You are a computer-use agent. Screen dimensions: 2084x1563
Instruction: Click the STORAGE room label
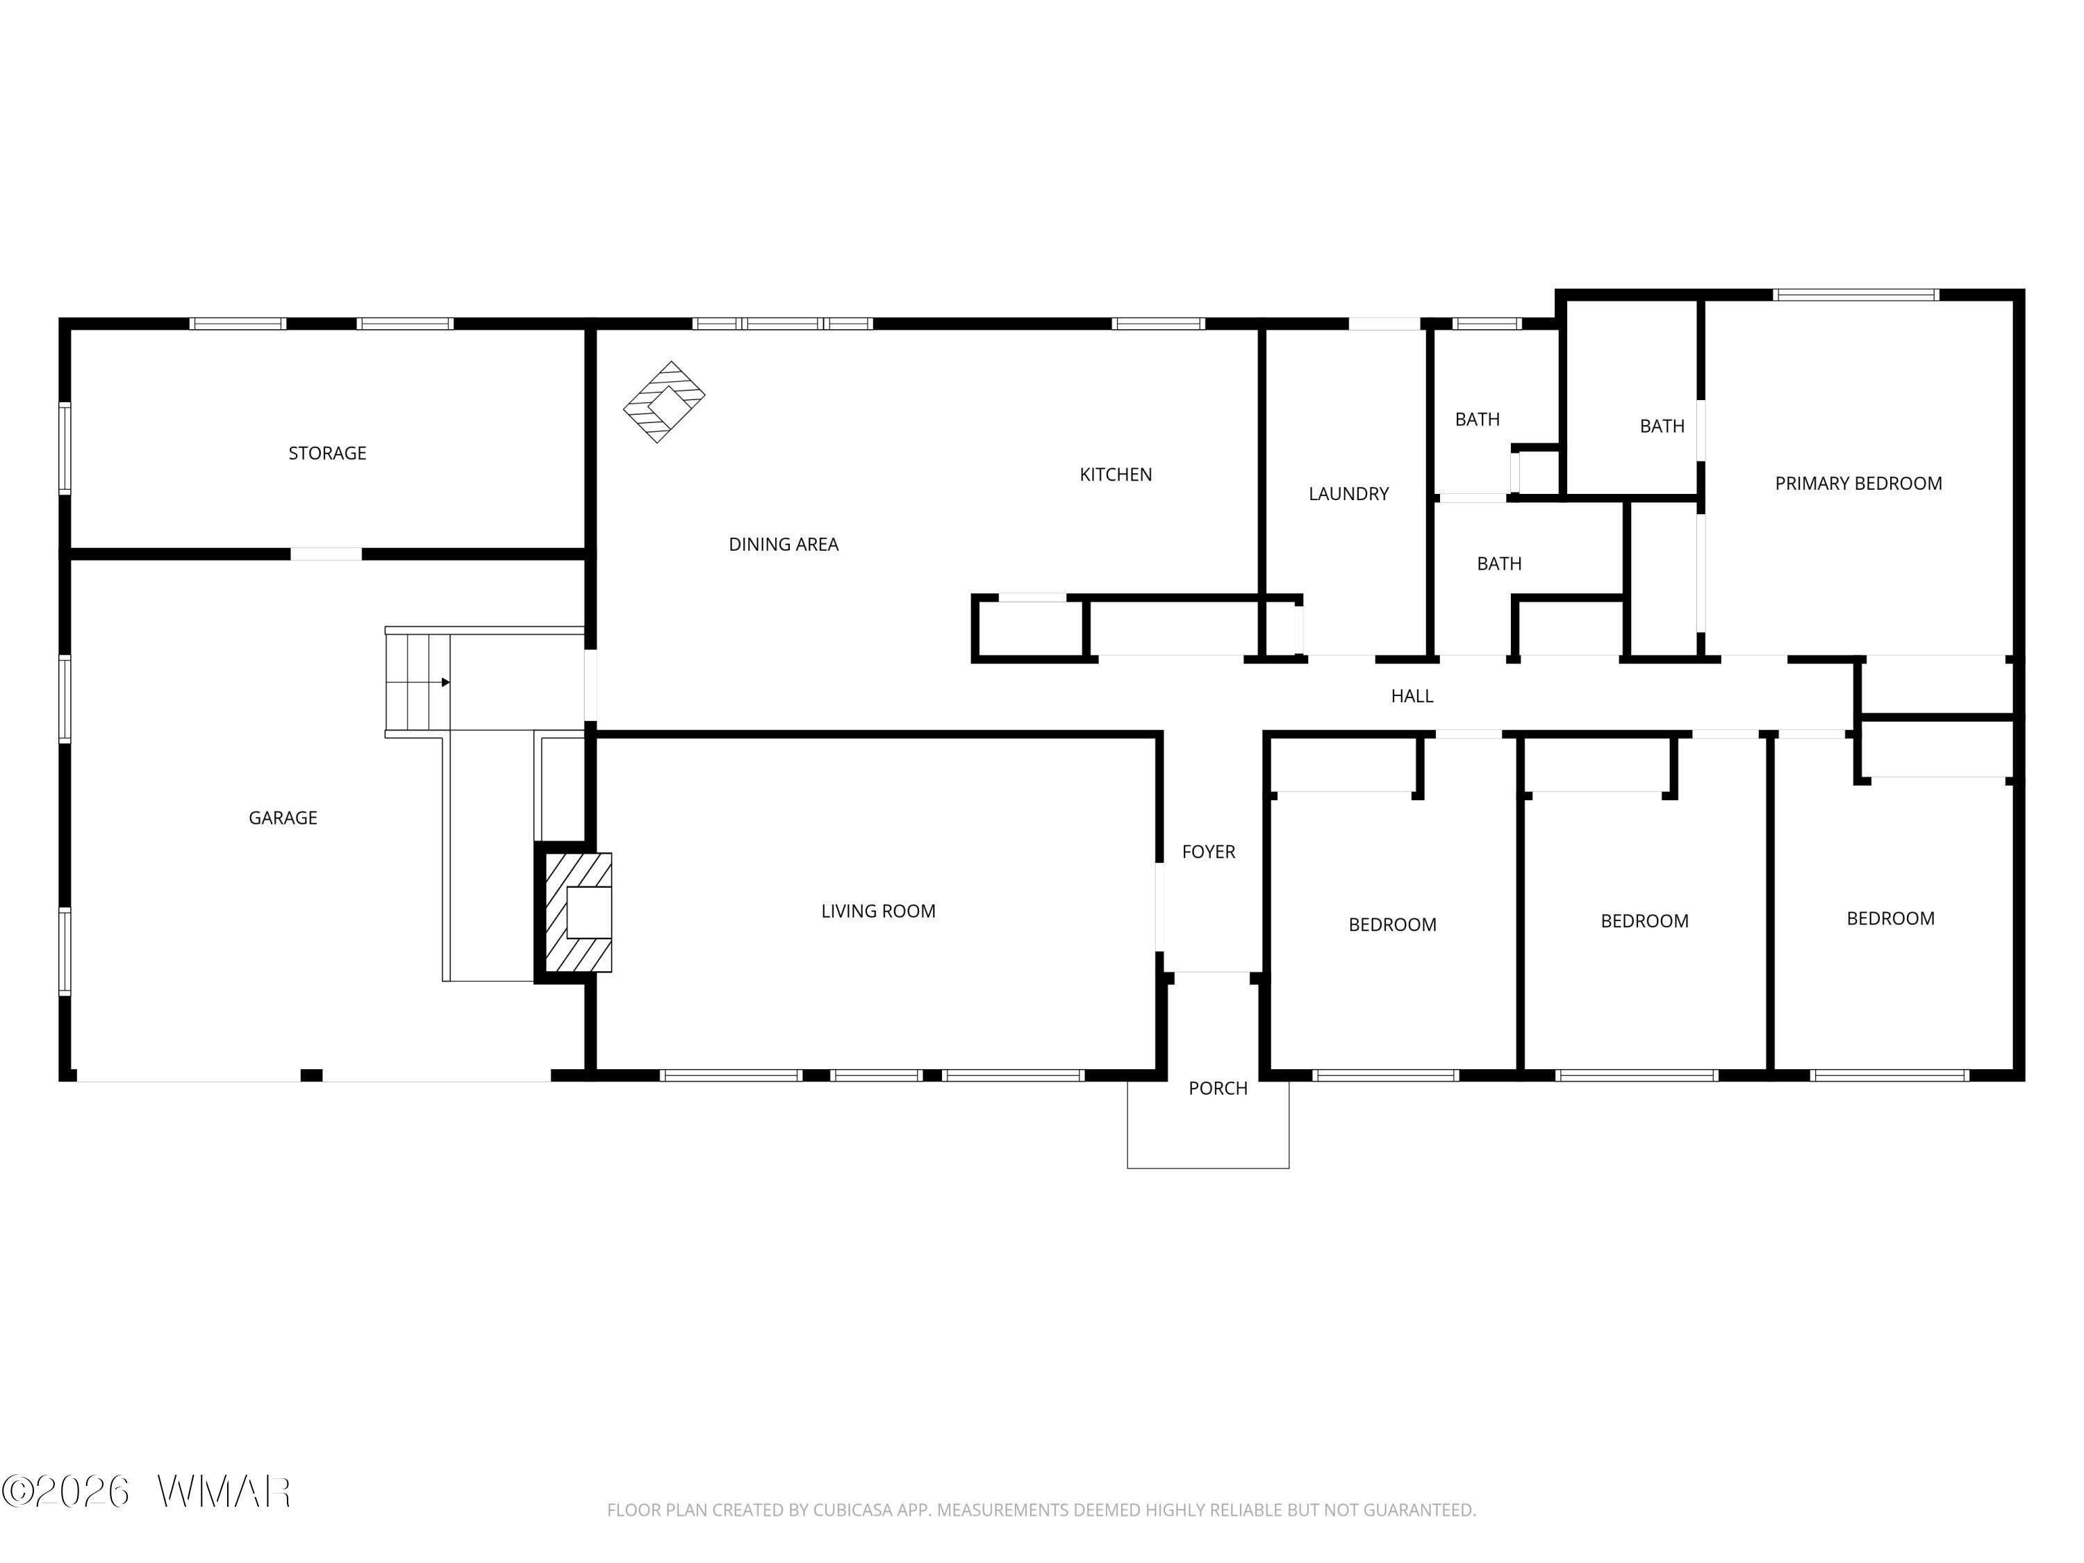[327, 453]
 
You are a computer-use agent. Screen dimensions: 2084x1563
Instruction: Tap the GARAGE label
[283, 818]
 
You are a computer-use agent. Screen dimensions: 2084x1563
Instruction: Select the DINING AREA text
[783, 545]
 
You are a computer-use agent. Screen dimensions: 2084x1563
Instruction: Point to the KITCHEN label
[1116, 475]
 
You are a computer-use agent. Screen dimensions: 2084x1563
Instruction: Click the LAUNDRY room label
[1348, 494]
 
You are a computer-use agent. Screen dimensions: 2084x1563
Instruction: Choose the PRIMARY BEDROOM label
[1858, 483]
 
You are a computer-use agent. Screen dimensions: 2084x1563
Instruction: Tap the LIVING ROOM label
[878, 911]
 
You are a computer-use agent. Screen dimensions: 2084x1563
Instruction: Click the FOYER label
[1209, 852]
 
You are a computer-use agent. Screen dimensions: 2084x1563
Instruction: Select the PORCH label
[1218, 1088]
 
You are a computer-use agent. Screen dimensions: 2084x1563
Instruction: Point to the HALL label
[1412, 696]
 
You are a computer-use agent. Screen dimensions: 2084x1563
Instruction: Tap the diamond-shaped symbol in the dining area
[664, 402]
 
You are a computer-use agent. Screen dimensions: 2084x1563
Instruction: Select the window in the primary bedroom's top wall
[1855, 295]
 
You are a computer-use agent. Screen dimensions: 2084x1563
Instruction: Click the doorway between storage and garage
[326, 554]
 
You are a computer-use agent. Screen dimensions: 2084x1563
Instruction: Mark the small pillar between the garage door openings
[311, 1075]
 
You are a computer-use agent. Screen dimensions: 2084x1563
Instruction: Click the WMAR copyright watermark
[146, 1491]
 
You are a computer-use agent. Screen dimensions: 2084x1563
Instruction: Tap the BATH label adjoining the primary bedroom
[1662, 427]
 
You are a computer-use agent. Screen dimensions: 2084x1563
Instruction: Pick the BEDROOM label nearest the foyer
[1393, 925]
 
